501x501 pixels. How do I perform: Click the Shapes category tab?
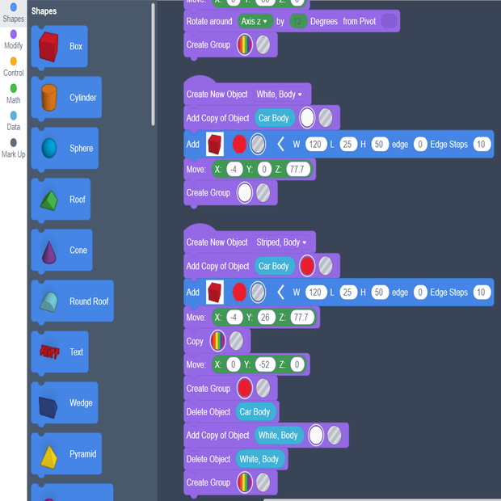(13, 12)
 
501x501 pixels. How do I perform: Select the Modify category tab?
(13, 40)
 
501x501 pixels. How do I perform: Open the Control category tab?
(13, 66)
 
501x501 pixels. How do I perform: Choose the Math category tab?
(13, 94)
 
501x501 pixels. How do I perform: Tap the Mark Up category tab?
(13, 148)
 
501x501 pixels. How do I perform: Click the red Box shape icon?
(50, 47)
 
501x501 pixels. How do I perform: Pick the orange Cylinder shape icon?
(50, 98)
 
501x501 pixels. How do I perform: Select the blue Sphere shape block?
(50, 149)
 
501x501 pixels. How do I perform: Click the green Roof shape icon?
(50, 200)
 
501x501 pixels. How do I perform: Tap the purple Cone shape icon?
(50, 250)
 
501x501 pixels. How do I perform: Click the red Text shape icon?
(50, 352)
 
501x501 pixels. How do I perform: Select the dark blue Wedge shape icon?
(50, 403)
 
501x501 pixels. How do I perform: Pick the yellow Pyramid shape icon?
(50, 454)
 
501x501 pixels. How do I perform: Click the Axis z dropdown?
(255, 22)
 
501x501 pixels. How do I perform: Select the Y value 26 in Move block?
(266, 318)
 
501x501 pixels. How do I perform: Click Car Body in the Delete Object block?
(255, 412)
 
